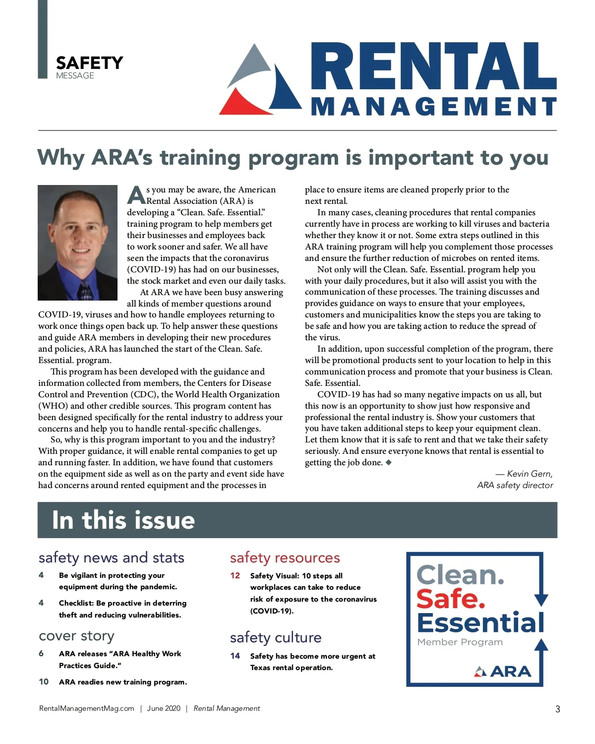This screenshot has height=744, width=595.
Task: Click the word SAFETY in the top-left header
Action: point(89,63)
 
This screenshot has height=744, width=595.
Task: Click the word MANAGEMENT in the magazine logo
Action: point(434,107)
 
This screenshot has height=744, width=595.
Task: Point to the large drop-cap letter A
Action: point(136,195)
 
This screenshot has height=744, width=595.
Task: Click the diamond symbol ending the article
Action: point(389,462)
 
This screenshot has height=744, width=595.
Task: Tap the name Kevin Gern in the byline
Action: point(530,474)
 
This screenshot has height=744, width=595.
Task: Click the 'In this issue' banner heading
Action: point(123,520)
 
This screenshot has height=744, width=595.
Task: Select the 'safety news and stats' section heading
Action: point(112,558)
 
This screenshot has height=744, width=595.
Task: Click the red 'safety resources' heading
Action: point(285,558)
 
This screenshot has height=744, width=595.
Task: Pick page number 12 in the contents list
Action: point(235,575)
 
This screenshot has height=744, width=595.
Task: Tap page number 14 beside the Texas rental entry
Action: point(235,656)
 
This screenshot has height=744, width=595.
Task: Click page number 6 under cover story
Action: point(41,653)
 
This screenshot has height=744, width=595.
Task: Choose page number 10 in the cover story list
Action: point(44,682)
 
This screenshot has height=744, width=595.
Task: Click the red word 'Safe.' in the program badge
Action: point(450,599)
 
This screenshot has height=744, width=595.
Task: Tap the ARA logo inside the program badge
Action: point(503,672)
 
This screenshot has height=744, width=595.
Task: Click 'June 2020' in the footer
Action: point(164,708)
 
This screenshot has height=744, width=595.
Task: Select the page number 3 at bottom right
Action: point(557,709)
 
